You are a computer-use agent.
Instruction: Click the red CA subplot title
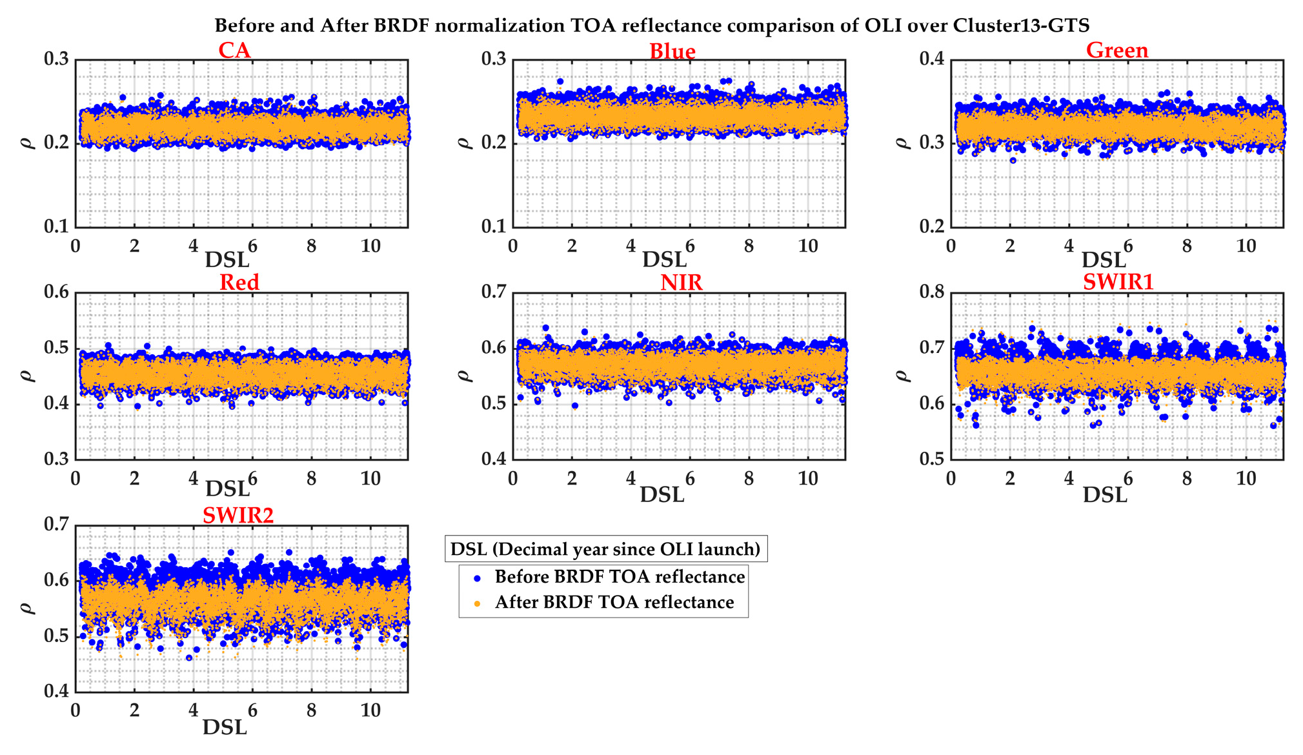point(234,50)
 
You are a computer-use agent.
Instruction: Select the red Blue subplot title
point(672,51)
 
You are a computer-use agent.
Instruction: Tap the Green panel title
point(1116,50)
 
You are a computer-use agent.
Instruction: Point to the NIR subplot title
point(681,282)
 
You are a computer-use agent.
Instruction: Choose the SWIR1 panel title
point(1118,282)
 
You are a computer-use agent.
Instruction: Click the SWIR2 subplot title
point(237,515)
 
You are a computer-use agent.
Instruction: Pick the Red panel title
point(239,282)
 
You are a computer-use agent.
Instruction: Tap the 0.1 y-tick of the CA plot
point(56,226)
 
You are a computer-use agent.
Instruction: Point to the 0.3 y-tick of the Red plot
point(56,459)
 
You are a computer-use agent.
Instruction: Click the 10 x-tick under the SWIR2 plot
point(370,710)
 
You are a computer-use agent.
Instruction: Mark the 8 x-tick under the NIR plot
point(749,478)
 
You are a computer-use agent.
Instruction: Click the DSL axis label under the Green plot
point(1104,260)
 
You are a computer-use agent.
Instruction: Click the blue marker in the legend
point(477,578)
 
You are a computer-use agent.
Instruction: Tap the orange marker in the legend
point(477,604)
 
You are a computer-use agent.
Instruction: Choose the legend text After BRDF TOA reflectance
point(614,602)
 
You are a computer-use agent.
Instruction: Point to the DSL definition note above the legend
point(605,549)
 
